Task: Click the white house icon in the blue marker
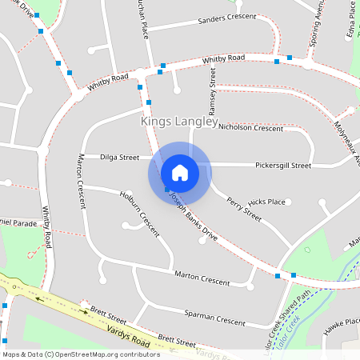[180, 172]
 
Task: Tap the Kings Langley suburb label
[179, 122]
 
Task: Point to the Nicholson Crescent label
[250, 128]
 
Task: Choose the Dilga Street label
[120, 158]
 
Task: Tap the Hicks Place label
[266, 202]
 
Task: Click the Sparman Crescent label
[214, 318]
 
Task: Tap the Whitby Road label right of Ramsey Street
[223, 59]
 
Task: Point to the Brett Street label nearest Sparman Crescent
[177, 340]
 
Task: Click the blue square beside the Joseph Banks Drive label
[166, 190]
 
